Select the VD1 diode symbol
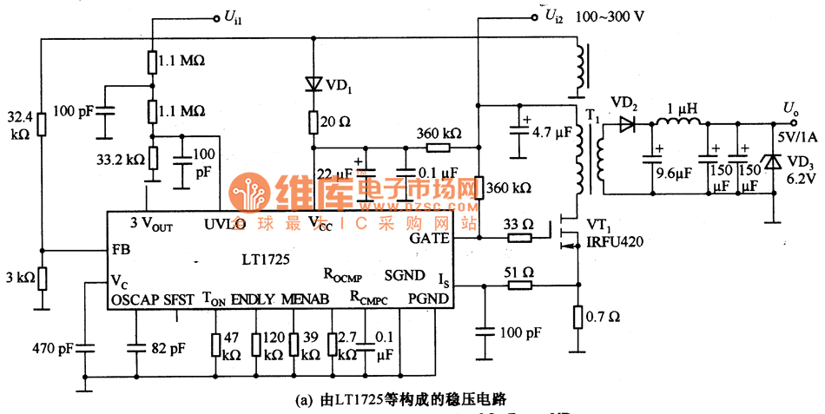(x=313, y=84)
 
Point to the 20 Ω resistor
(x=313, y=122)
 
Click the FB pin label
(x=121, y=249)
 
